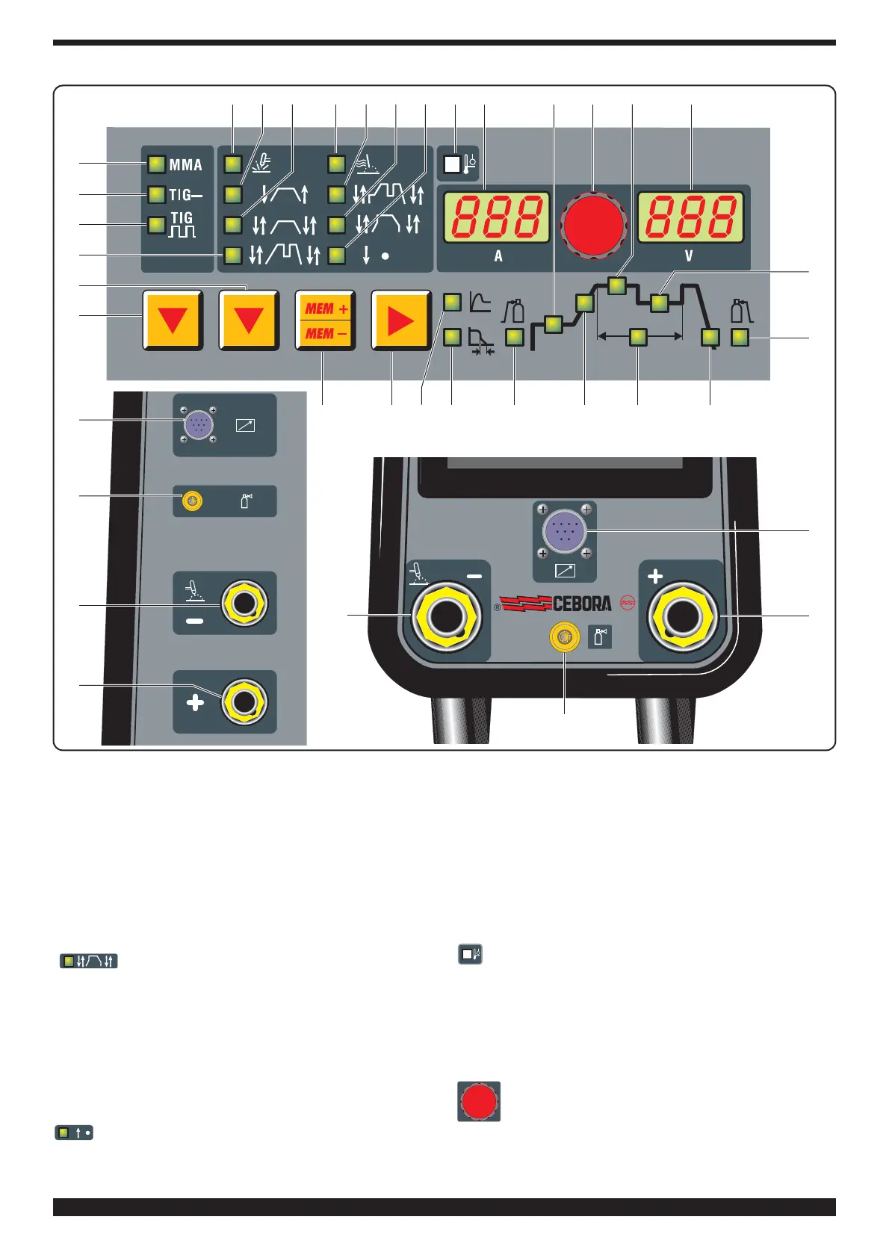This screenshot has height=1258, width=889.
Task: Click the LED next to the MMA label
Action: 156,164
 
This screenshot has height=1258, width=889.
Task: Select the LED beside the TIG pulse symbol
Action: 156,225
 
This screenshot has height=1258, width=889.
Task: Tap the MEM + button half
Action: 326,309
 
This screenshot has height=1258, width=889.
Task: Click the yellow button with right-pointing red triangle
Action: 401,320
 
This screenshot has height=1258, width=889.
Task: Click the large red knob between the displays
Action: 594,223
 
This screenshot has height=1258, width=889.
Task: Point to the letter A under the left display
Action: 498,256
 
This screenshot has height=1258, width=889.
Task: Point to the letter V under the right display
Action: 689,256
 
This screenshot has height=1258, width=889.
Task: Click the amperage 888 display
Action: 497,217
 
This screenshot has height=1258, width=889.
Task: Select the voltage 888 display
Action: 691,217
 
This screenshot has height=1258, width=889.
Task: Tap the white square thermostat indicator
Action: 452,164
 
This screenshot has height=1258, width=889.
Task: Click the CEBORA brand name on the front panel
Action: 582,604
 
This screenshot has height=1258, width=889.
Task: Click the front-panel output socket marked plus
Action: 684,617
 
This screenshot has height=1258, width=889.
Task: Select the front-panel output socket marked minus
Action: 446,617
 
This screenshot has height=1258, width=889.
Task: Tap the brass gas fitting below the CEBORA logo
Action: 564,637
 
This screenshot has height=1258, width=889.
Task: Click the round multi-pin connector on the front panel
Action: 564,530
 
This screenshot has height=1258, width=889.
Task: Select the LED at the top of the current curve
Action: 617,285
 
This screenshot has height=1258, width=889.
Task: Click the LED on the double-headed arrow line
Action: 638,337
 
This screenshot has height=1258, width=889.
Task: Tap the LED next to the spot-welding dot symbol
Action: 337,255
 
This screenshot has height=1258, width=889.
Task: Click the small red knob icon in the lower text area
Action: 479,1101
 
